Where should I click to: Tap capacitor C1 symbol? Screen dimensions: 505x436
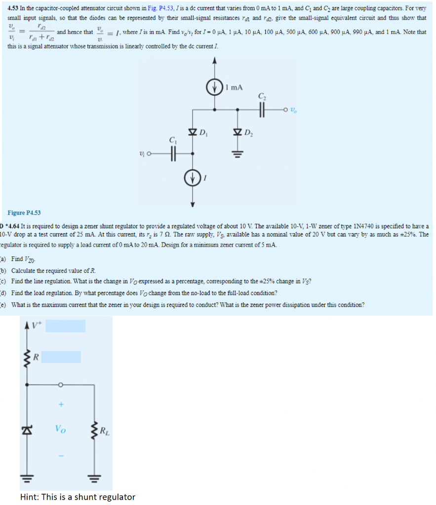[x=173, y=153]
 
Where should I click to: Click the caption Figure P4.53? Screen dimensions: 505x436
[x=24, y=213]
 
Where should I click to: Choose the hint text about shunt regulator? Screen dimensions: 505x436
[x=78, y=497]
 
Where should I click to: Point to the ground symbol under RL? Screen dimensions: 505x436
[x=91, y=477]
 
